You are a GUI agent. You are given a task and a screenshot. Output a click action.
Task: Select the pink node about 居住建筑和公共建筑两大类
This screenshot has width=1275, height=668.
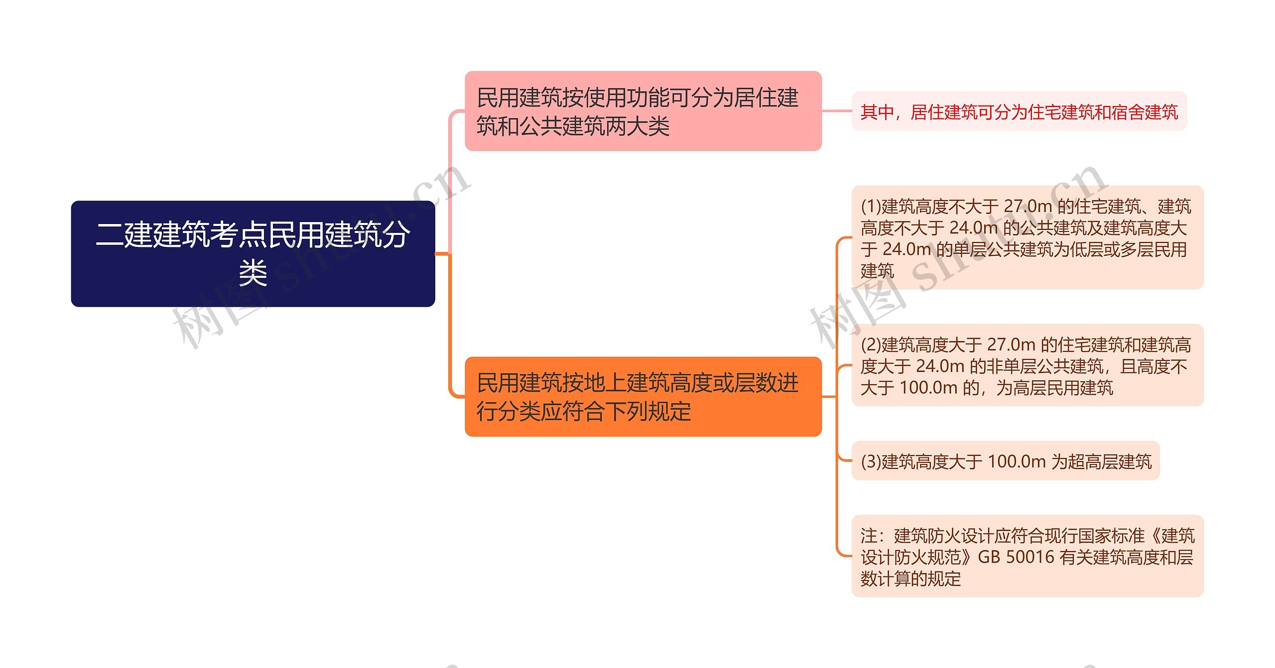point(642,111)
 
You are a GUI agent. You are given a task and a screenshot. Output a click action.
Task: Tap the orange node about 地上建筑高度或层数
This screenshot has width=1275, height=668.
point(642,396)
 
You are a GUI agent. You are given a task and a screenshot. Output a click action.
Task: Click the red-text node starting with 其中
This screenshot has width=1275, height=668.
point(1019,111)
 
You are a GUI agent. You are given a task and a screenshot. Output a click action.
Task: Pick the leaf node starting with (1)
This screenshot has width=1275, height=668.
point(1027,237)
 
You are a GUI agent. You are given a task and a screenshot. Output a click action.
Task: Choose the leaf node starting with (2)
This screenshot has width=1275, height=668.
point(1027,365)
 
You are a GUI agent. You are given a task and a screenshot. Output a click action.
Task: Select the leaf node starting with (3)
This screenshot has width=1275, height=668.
point(1005,461)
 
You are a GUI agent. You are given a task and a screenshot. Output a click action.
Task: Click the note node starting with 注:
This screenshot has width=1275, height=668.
point(1027,556)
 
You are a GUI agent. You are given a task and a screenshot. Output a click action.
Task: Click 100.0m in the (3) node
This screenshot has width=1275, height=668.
point(1016,461)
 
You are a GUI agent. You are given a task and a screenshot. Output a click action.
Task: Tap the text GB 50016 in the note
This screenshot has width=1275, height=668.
point(1016,557)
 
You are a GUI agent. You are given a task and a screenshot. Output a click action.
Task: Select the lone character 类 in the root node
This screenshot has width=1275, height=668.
point(253,273)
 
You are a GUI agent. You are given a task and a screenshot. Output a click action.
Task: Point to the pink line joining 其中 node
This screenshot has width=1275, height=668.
point(837,111)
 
